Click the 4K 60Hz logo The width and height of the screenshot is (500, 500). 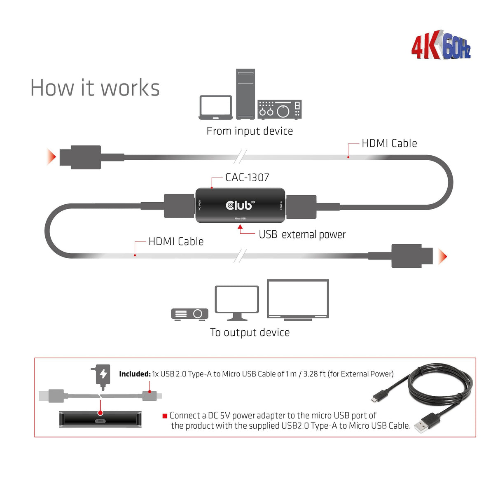click(441, 45)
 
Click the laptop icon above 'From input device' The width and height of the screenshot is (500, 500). click(215, 107)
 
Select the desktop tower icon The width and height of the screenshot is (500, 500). click(245, 94)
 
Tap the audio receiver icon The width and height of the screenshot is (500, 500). click(280, 110)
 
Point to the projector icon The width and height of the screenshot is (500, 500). click(189, 314)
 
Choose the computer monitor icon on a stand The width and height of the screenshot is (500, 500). click(237, 303)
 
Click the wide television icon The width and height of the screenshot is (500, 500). click(298, 299)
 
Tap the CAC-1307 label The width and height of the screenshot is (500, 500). click(247, 178)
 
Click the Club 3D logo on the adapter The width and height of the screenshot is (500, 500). click(240, 205)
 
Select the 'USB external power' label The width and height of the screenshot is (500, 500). click(302, 234)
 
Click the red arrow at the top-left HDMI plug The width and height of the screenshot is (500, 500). click(51, 157)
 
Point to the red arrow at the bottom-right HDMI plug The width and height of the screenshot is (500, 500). click(443, 256)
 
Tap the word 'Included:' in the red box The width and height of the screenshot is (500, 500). click(135, 374)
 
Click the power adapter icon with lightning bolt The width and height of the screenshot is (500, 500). click(103, 376)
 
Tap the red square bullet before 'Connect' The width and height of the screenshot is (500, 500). click(165, 416)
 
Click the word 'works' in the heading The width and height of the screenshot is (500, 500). click(130, 88)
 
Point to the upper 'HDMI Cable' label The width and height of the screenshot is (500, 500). click(389, 143)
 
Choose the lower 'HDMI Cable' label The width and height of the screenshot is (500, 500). click(176, 241)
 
